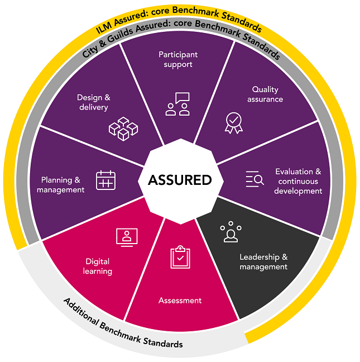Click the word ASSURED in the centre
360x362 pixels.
click(180, 180)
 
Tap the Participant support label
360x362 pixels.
click(178, 60)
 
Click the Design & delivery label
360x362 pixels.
click(94, 102)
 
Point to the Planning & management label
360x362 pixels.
click(61, 185)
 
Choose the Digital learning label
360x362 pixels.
click(98, 266)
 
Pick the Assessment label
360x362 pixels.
click(180, 301)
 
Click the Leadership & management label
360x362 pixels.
click(263, 262)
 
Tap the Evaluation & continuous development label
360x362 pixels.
click(298, 181)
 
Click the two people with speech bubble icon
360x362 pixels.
click(177, 104)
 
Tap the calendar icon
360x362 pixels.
click(106, 180)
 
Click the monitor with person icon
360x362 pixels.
click(127, 236)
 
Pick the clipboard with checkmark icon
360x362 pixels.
click(180, 257)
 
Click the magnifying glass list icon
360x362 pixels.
click(255, 179)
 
